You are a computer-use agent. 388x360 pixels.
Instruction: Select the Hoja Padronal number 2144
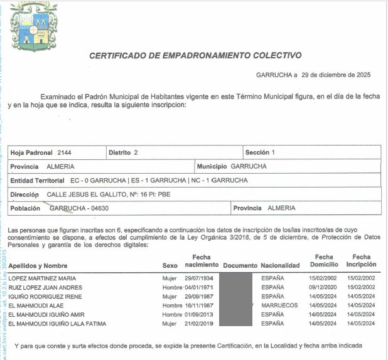pos(65,152)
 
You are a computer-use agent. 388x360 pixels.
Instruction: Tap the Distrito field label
pos(119,152)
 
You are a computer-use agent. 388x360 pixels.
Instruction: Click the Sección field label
pos(257,152)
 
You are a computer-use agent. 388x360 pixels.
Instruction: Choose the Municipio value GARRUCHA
pos(249,166)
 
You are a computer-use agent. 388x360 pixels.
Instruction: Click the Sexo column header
pos(170,266)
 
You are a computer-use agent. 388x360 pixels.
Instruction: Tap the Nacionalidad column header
pos(280,266)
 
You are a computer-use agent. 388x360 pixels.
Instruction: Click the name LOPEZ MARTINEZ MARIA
pos(42,278)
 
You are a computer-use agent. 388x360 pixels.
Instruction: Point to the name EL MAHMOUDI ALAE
pos(35,305)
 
